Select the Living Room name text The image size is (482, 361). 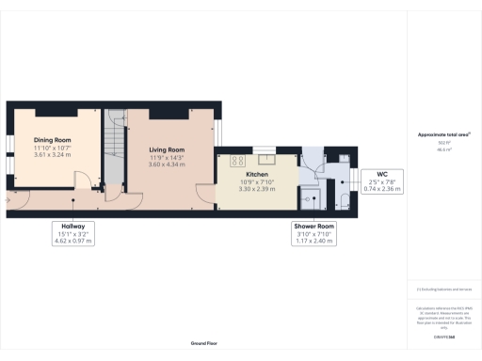(168, 149)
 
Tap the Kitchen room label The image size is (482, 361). (258, 175)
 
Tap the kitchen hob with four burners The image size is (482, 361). (235, 159)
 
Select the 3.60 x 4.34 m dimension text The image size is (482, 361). (168, 164)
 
